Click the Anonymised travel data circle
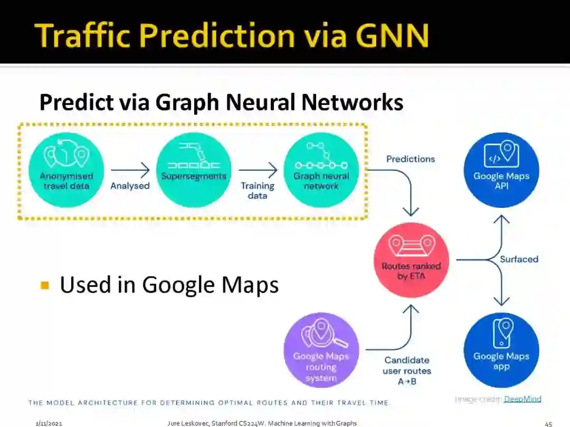pos(66,169)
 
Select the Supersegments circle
pos(194,169)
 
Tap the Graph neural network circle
pos(321,169)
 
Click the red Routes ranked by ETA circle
pos(411,260)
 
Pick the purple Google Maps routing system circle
pos(321,350)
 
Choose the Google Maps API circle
pos(501,169)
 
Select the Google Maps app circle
pos(501,350)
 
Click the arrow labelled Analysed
pos(130,170)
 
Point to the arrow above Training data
pos(258,170)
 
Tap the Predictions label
pos(411,159)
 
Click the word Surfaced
pos(519,259)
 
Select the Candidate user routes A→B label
pos(406,371)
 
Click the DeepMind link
pos(522,399)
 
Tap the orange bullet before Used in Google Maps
pos(45,286)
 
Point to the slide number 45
pos(548,423)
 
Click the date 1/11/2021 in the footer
pos(46,423)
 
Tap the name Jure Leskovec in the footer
pos(188,423)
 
